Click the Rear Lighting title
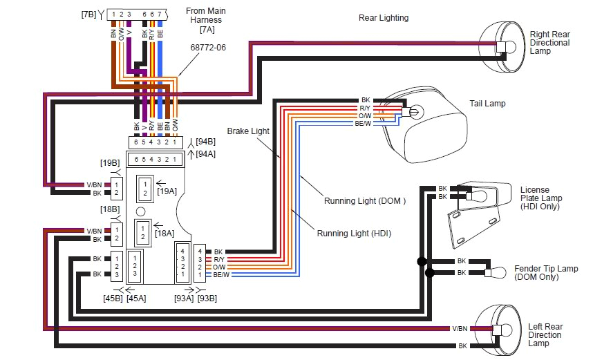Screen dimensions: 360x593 383,18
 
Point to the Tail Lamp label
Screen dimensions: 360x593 487,104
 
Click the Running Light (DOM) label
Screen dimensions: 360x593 364,202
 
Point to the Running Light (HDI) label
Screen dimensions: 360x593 354,234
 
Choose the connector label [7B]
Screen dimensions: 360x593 88,14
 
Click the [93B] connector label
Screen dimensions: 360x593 207,299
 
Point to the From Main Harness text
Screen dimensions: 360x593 207,21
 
